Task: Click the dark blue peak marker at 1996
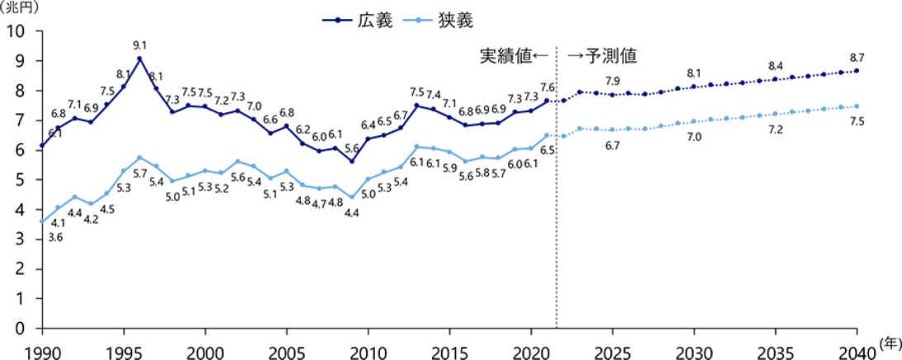pyautogui.click(x=140, y=59)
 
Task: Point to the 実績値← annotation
pyautogui.click(x=515, y=56)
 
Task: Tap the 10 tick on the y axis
pyautogui.click(x=17, y=31)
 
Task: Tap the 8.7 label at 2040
pyautogui.click(x=857, y=57)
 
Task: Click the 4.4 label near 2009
pyautogui.click(x=352, y=213)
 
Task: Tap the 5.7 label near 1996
pyautogui.click(x=140, y=173)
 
